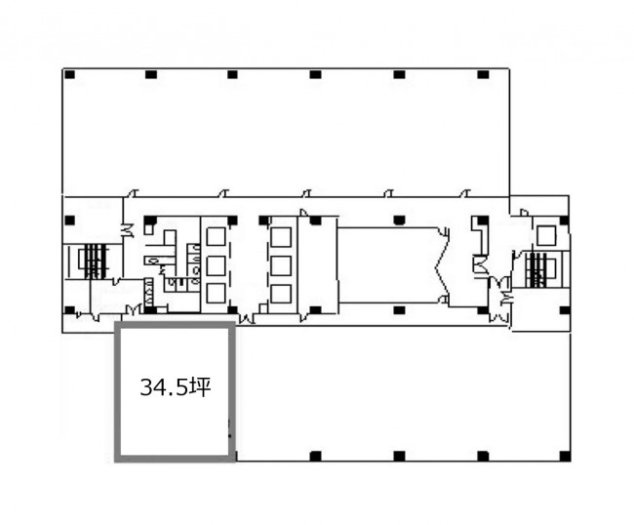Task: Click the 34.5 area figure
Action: point(164,387)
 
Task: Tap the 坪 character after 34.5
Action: point(201,387)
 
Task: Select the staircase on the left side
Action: point(94,262)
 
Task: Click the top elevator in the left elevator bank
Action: point(216,236)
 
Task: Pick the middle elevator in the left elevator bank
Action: point(216,265)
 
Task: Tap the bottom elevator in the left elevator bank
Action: point(216,294)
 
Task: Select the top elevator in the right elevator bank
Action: point(281,237)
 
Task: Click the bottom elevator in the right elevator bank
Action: point(281,294)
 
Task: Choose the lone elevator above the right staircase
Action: point(546,235)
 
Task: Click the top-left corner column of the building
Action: point(70,75)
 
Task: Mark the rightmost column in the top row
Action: point(483,75)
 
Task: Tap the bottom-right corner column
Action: point(566,457)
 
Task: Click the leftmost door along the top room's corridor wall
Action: point(133,193)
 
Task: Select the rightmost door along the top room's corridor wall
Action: point(465,193)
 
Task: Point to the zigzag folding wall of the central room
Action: point(443,265)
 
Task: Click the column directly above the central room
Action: point(399,220)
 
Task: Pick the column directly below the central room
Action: point(399,310)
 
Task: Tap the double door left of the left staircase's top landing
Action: point(128,230)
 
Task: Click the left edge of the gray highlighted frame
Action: point(118,391)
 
